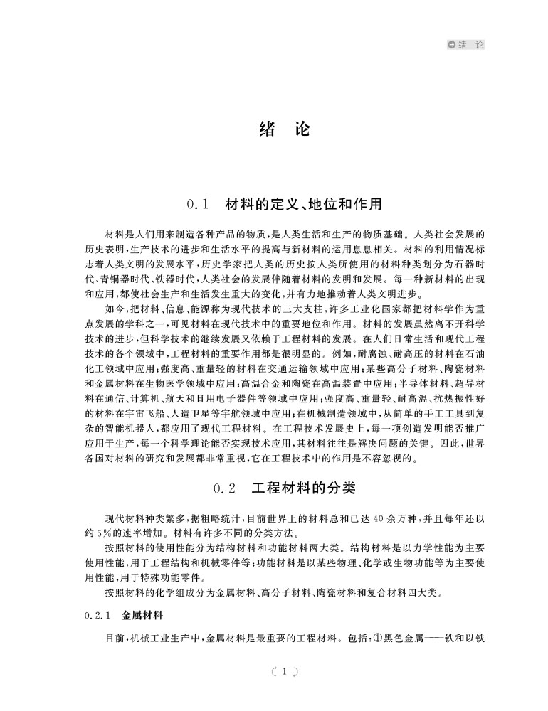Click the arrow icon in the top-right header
[451, 45]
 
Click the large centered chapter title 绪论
[274, 129]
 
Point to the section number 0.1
[196, 205]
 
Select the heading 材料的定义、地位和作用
[303, 205]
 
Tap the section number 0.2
[225, 489]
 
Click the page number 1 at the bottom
[283, 670]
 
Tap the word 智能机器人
[135, 428]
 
